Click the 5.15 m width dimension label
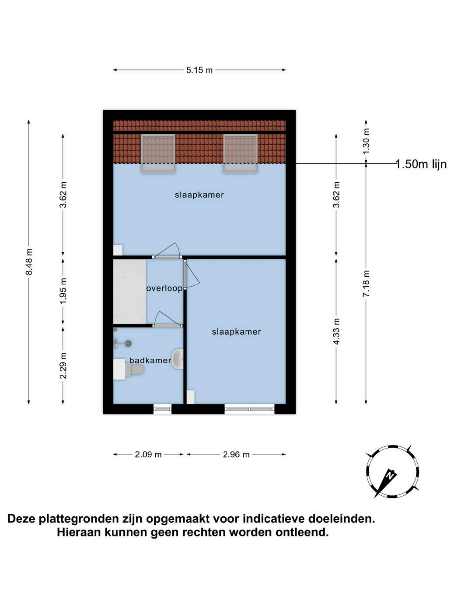click(x=199, y=70)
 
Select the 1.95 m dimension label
click(x=63, y=291)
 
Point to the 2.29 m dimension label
click(x=63, y=365)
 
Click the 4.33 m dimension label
click(x=336, y=331)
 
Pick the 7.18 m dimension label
click(x=366, y=284)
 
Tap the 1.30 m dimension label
click(x=366, y=140)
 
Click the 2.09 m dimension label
click(x=148, y=455)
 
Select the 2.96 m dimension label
click(x=236, y=455)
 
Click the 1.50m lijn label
click(x=421, y=164)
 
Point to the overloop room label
click(x=164, y=289)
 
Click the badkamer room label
click(x=150, y=361)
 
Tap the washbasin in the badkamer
click(x=177, y=359)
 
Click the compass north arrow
click(x=388, y=477)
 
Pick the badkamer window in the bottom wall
click(x=162, y=409)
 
